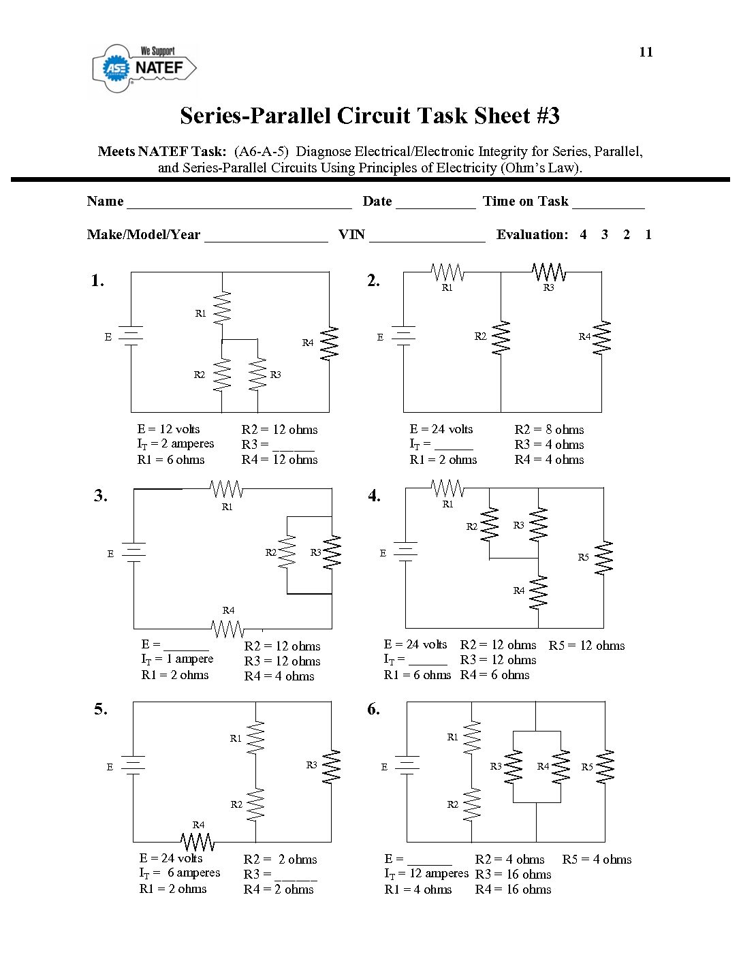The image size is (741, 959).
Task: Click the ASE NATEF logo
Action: (x=144, y=67)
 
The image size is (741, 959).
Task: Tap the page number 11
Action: (x=646, y=52)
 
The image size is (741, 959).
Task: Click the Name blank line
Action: (x=239, y=203)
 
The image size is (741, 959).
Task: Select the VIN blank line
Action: (x=427, y=237)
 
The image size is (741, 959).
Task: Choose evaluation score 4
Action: (x=583, y=235)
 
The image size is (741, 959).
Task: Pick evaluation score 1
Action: (x=648, y=235)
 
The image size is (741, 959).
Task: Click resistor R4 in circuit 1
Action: (x=330, y=343)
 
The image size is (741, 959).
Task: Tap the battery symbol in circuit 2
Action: (x=404, y=335)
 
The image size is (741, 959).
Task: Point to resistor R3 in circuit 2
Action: (x=549, y=272)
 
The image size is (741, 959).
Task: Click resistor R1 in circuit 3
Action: (x=227, y=488)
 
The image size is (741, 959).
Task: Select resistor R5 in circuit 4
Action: (x=603, y=558)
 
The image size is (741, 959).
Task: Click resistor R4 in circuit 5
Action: (x=198, y=841)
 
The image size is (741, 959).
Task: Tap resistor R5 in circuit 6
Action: (x=605, y=766)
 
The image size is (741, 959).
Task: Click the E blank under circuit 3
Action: (x=186, y=646)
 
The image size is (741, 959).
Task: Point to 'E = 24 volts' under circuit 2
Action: (x=441, y=429)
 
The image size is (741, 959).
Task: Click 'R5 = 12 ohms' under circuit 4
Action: (x=586, y=646)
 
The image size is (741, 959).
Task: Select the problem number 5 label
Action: (x=101, y=709)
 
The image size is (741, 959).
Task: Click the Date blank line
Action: (x=435, y=203)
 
